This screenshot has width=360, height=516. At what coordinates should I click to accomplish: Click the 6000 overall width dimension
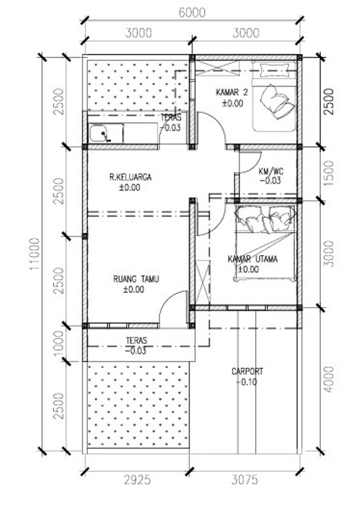[x=192, y=13]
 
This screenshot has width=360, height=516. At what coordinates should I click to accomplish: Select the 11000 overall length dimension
[x=35, y=254]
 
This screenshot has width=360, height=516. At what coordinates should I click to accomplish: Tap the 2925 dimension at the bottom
[x=137, y=479]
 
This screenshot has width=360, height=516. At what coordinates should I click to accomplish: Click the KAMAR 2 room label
[x=232, y=92]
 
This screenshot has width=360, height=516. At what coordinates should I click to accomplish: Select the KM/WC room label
[x=271, y=172]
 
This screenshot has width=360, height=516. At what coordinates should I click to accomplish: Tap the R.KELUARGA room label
[x=130, y=177]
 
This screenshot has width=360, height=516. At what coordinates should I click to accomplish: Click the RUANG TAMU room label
[x=136, y=279]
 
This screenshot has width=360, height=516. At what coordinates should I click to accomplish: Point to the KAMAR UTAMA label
[x=252, y=259]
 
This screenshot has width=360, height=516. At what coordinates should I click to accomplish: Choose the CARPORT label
[x=247, y=371]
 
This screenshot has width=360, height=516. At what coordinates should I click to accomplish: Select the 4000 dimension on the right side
[x=329, y=380]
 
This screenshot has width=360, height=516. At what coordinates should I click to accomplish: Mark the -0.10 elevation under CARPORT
[x=247, y=382]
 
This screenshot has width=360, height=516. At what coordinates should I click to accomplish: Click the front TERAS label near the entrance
[x=136, y=341]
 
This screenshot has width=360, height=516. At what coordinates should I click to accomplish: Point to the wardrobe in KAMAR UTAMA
[x=202, y=281]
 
